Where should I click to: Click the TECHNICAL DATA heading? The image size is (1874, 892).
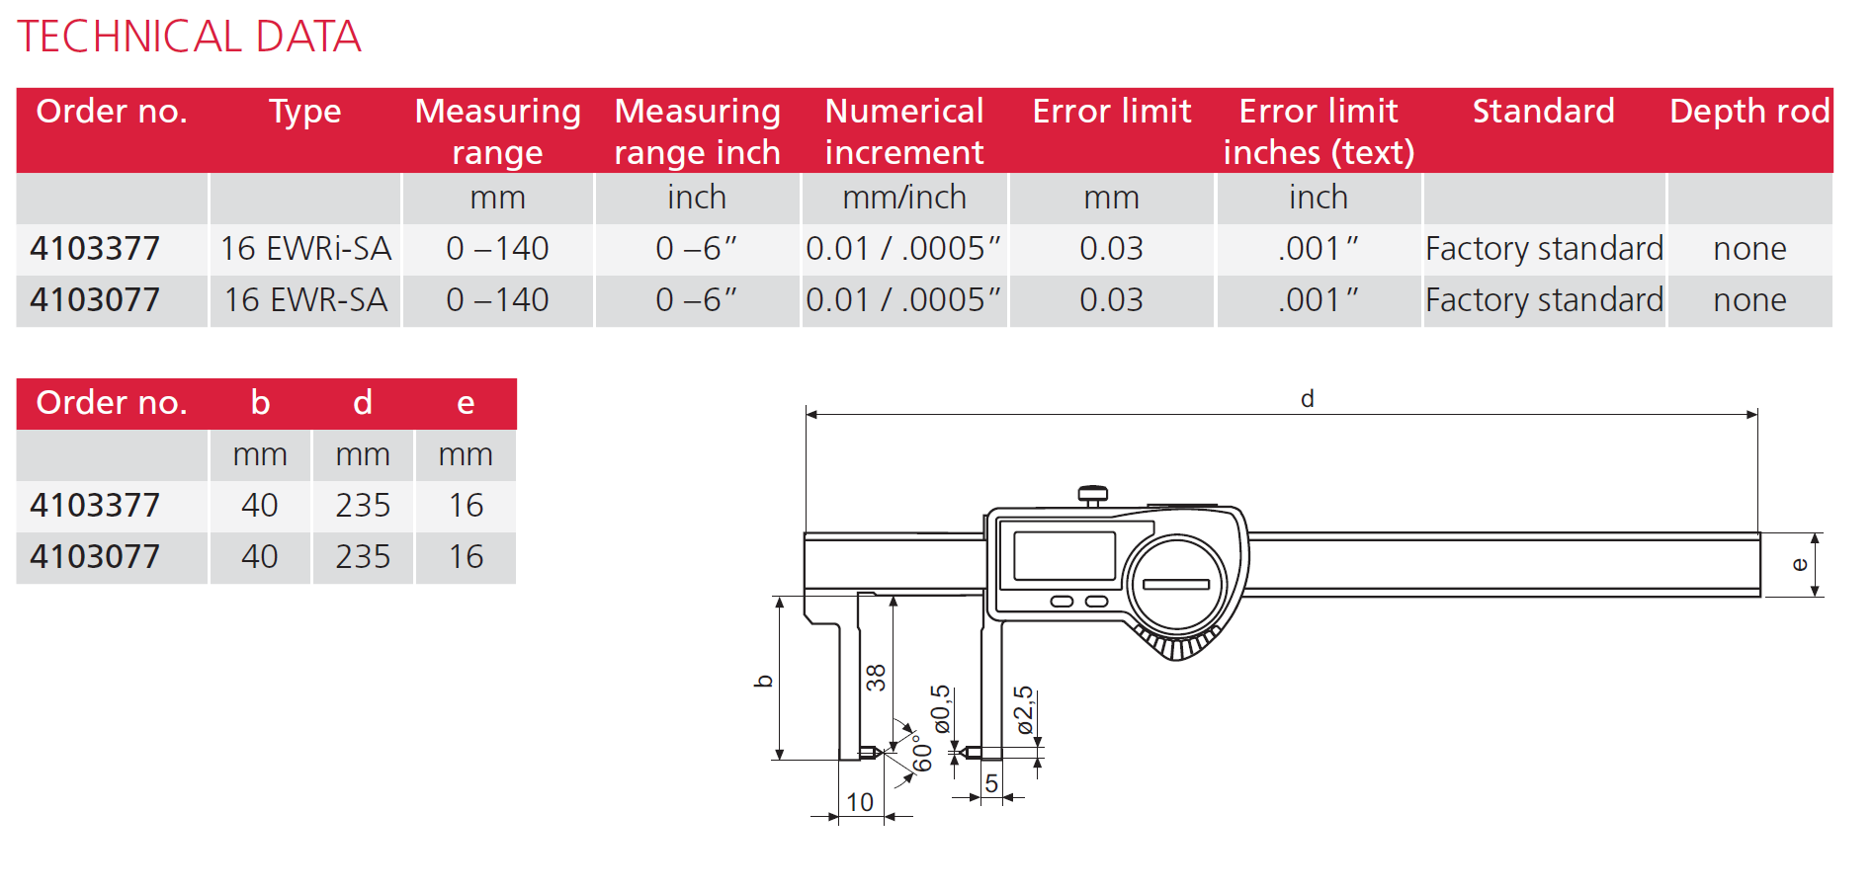pyautogui.click(x=189, y=37)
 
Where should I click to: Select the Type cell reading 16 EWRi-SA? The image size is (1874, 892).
pyautogui.click(x=305, y=248)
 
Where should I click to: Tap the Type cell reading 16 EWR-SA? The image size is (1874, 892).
pyautogui.click(x=305, y=299)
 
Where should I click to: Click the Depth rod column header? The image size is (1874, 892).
pyautogui.click(x=1749, y=111)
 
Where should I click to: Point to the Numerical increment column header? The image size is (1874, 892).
pyautogui.click(x=904, y=131)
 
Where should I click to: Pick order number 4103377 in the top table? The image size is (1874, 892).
pyautogui.click(x=95, y=248)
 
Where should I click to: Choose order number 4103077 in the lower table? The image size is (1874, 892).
pyautogui.click(x=95, y=556)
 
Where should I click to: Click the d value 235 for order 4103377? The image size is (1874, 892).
pyautogui.click(x=363, y=505)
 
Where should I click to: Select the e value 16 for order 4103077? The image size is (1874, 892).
pyautogui.click(x=466, y=556)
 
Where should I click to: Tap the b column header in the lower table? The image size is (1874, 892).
pyautogui.click(x=260, y=402)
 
